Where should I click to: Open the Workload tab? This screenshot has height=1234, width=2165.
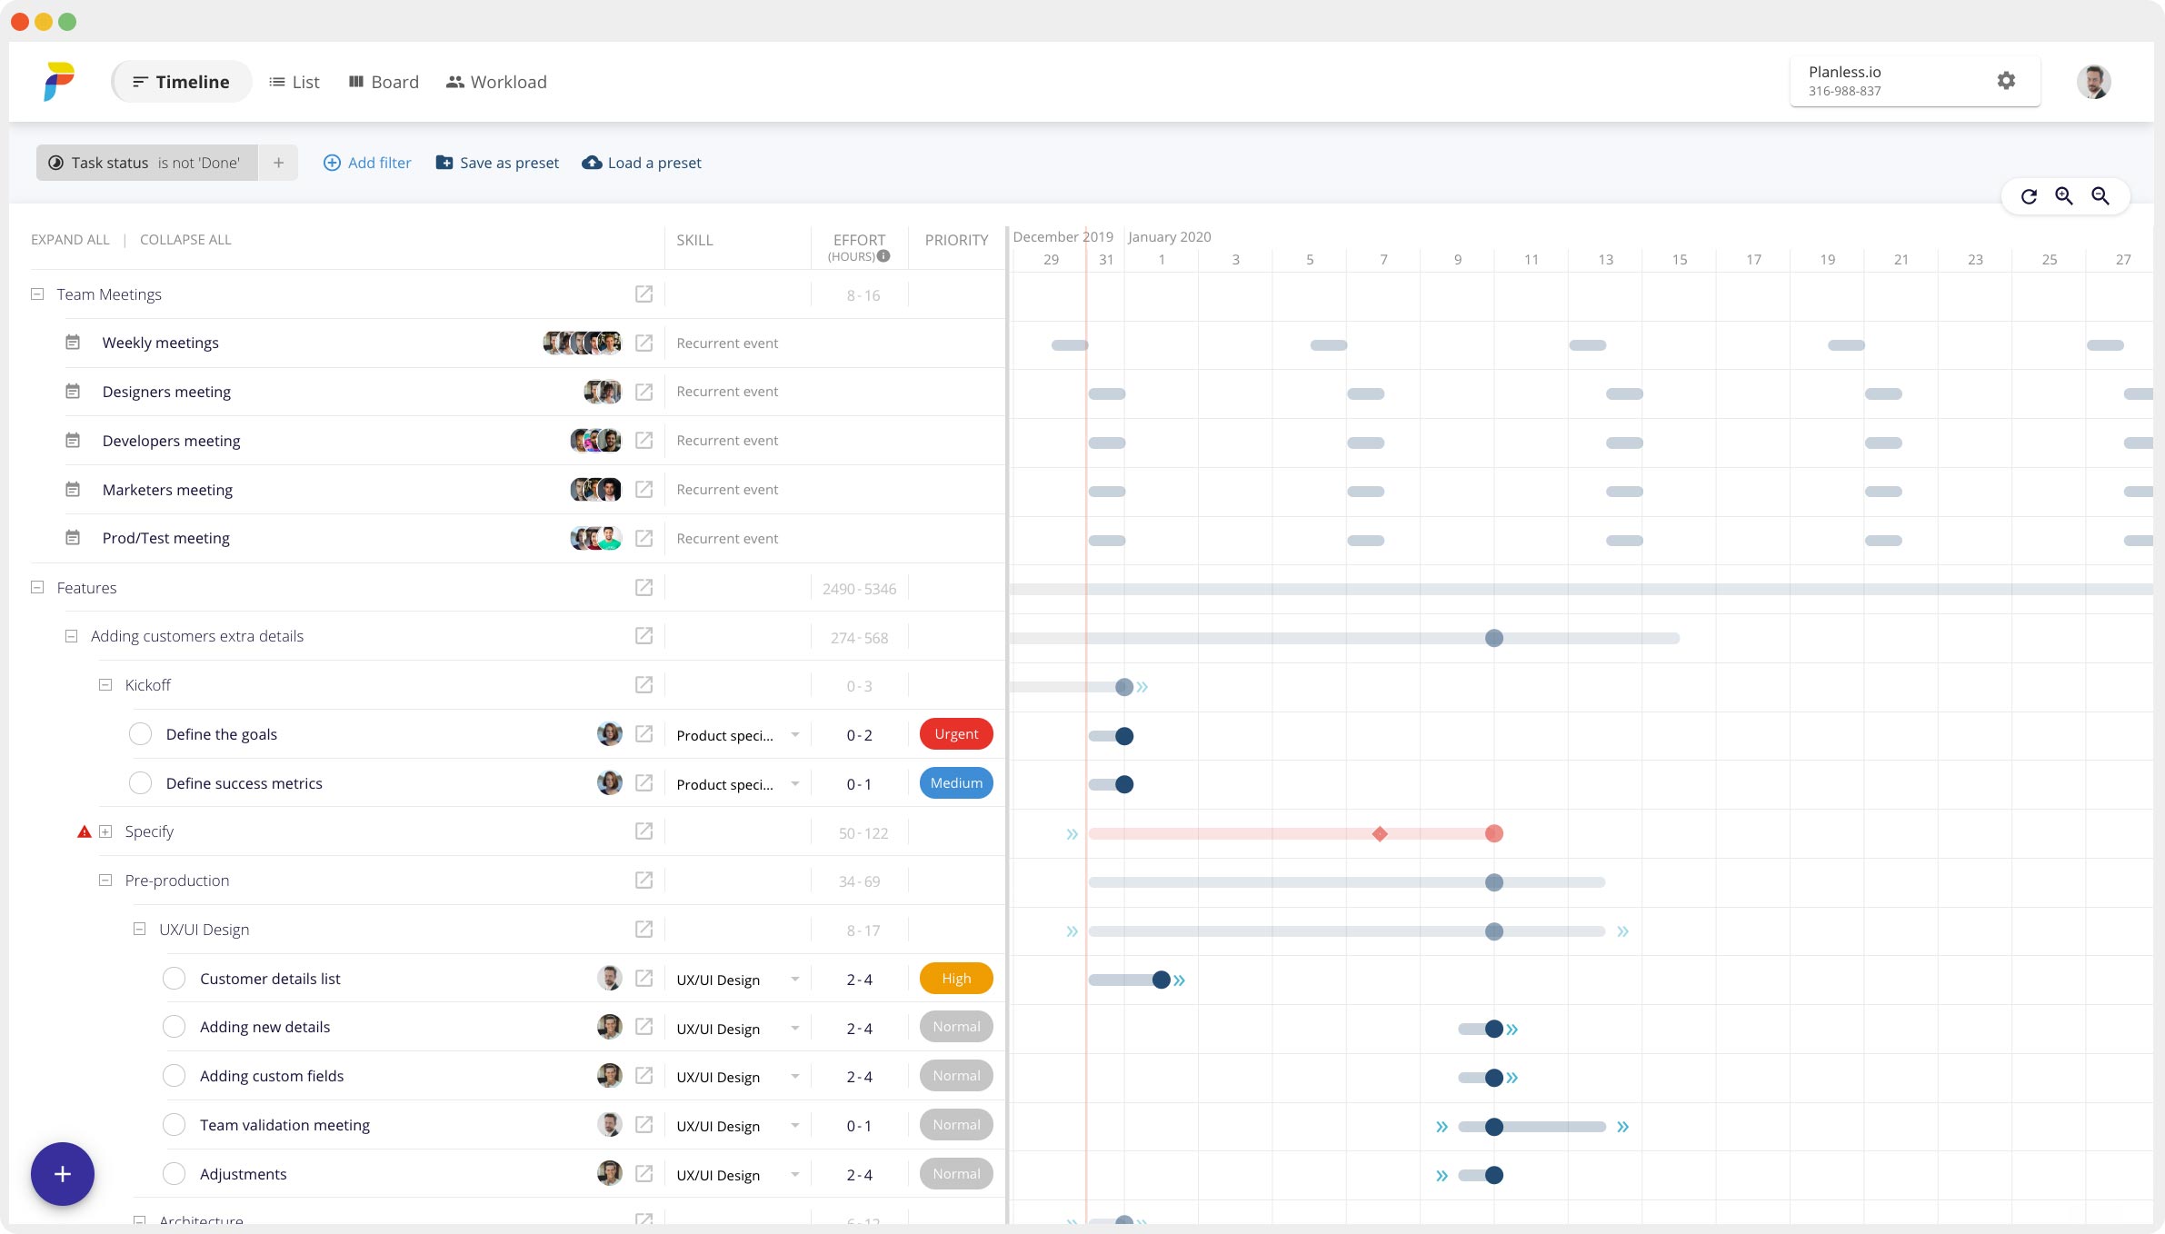496,82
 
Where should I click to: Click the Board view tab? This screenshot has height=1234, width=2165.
384,82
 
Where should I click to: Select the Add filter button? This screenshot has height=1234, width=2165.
367,163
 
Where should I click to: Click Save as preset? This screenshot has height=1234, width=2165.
497,163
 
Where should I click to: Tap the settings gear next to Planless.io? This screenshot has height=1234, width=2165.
2006,81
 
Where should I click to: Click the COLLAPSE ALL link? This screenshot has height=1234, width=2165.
185,240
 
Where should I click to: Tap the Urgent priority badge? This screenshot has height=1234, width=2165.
956,734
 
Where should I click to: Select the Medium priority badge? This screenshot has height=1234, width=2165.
956,783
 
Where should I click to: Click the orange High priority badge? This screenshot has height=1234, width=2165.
956,979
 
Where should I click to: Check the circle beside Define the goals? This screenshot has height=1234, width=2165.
140,734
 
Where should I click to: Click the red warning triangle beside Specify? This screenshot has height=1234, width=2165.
85,831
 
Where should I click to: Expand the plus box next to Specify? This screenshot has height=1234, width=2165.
105,831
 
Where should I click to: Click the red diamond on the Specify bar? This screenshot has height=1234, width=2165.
1380,834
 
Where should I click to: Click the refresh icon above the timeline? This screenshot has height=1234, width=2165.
2029,196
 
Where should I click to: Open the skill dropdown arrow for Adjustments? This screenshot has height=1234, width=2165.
795,1174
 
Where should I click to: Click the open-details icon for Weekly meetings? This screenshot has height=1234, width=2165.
644,343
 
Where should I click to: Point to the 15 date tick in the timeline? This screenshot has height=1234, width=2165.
1680,260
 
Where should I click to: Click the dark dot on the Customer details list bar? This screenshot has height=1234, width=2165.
1161,980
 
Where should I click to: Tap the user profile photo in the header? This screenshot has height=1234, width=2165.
2093,82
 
